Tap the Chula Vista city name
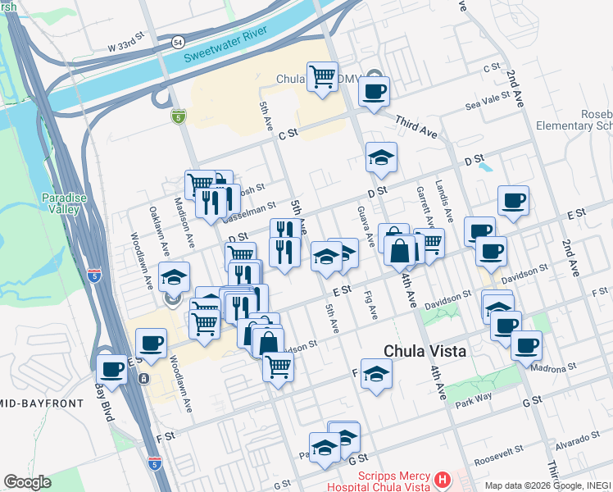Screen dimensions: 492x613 pos(425,351)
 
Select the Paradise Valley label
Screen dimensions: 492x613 pos(61,203)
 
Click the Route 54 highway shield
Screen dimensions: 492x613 pos(178,41)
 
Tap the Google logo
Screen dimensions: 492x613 pos(27,481)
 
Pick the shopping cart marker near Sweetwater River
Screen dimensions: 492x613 pos(322,77)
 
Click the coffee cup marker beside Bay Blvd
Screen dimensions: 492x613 pos(111,369)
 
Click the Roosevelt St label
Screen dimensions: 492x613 pos(502,452)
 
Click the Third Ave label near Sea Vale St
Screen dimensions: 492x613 pos(415,126)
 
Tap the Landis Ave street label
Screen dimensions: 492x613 pos(440,197)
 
